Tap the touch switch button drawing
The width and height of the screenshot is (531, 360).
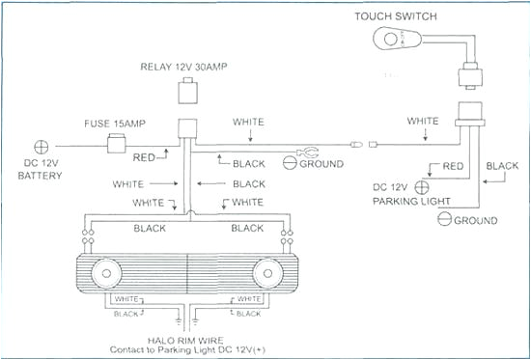pos(396,42)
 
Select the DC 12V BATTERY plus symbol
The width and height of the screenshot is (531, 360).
pos(42,148)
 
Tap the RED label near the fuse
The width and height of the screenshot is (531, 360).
pos(144,154)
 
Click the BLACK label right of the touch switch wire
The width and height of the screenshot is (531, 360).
pos(501,165)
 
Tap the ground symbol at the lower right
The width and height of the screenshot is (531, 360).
pos(444,220)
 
